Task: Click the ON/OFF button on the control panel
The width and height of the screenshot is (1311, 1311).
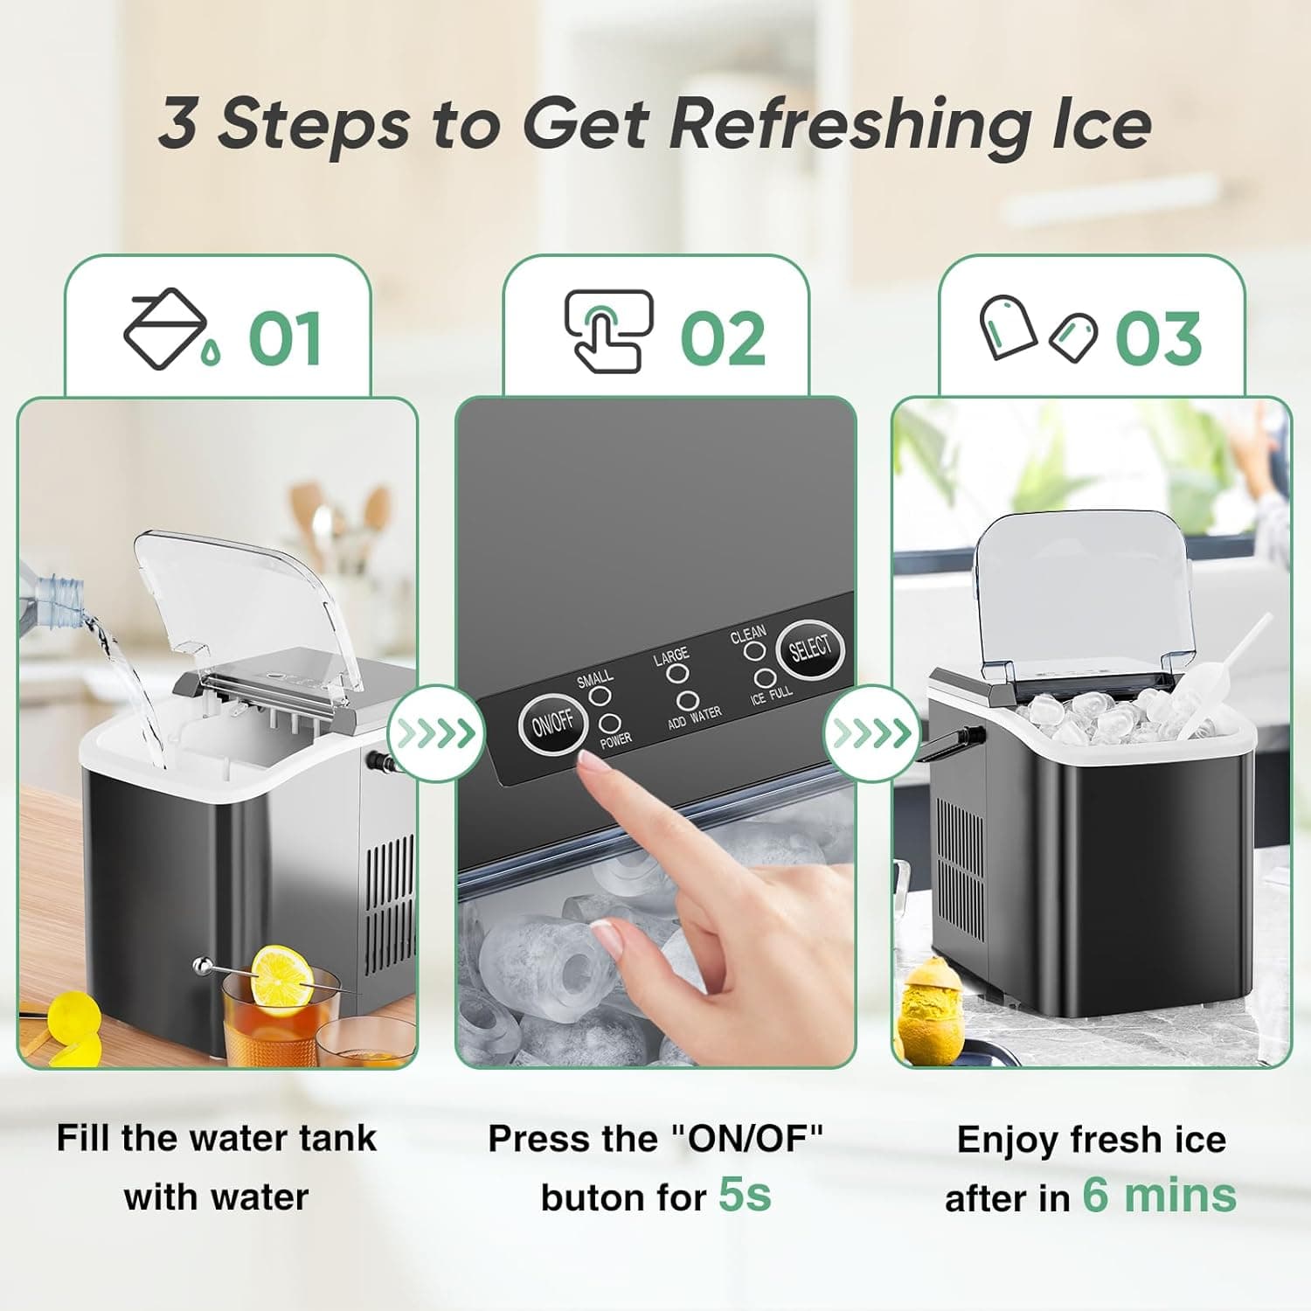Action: coord(552,723)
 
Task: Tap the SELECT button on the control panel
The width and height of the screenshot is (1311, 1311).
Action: coord(810,648)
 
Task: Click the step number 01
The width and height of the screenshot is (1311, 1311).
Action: coord(285,339)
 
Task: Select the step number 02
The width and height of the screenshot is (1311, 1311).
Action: coord(723,339)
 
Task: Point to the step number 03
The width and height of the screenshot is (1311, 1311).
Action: coord(1158,339)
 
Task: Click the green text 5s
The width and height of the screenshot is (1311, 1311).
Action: coord(745,1194)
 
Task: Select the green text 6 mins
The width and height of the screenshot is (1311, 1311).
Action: coord(1159,1195)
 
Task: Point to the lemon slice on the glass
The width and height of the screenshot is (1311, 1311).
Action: coord(281,977)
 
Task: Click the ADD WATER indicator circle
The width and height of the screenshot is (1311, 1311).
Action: coord(687,701)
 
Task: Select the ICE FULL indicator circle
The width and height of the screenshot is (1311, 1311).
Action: coord(765,678)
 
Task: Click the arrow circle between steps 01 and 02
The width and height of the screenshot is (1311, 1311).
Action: coord(435,733)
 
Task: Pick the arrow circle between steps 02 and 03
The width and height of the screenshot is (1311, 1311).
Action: coord(872,733)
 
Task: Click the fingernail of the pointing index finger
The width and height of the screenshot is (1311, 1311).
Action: coord(597,766)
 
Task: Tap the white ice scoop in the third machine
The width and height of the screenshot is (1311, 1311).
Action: coord(1219,686)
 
